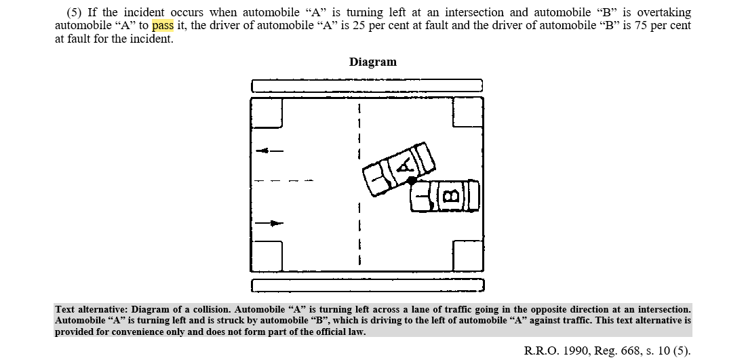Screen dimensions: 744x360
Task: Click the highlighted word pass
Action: coord(163,26)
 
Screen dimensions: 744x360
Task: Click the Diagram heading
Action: coord(372,62)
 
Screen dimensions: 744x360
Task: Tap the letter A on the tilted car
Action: coord(404,165)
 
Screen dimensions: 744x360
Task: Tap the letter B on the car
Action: coord(451,195)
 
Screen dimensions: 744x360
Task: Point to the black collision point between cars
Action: coord(412,180)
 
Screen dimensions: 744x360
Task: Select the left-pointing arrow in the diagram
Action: coord(269,151)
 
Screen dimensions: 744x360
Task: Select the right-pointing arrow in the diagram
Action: coord(269,224)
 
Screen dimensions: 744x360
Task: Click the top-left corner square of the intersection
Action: coord(266,113)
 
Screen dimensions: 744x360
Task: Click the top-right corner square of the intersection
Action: coord(469,112)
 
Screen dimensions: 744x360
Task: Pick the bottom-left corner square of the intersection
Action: coord(266,256)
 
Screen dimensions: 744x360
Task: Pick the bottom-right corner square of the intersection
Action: coord(469,256)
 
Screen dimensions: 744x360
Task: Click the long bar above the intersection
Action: coord(367,86)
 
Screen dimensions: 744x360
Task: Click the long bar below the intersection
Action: coord(368,285)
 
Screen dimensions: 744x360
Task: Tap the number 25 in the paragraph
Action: coord(359,26)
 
